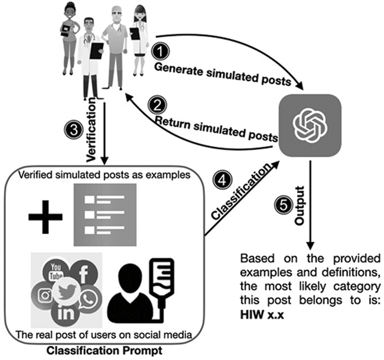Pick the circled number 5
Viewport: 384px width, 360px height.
(x=283, y=206)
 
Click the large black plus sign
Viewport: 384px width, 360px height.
(x=45, y=216)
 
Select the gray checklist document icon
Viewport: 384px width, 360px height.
(x=104, y=214)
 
